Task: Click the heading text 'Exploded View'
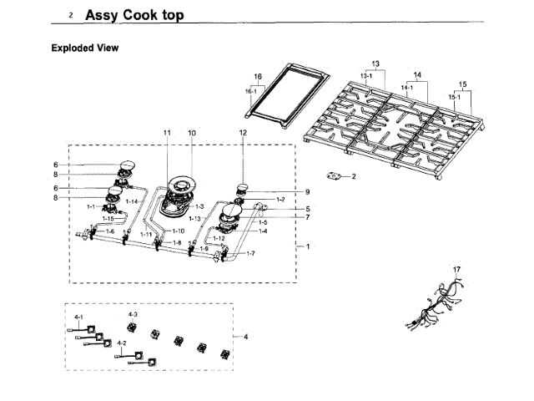click(x=85, y=48)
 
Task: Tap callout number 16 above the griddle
click(x=258, y=77)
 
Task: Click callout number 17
click(x=456, y=269)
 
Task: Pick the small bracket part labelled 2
click(x=337, y=176)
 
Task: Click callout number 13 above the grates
click(x=375, y=64)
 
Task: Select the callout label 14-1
click(x=407, y=87)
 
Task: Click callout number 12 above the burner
click(x=244, y=133)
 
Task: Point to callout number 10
click(x=191, y=133)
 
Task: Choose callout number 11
click(x=167, y=133)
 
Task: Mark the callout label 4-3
click(x=132, y=313)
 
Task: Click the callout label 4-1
click(x=78, y=318)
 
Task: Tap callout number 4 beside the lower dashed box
click(x=246, y=337)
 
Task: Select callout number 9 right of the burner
click(x=307, y=191)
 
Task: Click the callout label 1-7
click(x=250, y=253)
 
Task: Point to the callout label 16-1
click(x=251, y=90)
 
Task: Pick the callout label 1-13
click(x=194, y=218)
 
